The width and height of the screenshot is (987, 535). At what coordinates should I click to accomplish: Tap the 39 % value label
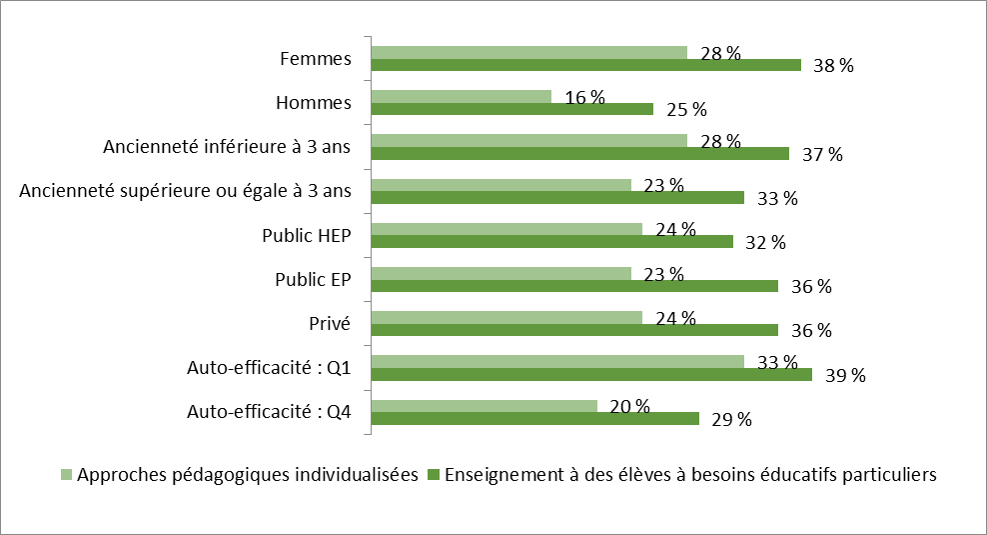[x=844, y=376]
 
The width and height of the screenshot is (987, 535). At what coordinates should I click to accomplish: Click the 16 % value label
[x=585, y=97]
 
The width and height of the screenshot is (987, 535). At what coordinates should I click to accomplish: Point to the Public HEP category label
[x=307, y=235]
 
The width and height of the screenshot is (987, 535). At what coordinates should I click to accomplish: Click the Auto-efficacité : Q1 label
[x=269, y=367]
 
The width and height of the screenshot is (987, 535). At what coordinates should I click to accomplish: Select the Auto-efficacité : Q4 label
[x=269, y=411]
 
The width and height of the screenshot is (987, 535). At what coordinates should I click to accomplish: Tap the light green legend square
[x=67, y=475]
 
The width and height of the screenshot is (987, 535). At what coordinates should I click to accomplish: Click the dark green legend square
[x=434, y=475]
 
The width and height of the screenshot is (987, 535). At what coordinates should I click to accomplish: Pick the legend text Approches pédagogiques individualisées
[x=247, y=475]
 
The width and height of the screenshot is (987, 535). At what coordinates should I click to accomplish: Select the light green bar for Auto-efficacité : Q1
[x=557, y=361]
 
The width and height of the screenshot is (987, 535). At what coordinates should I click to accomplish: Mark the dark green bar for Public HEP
[x=551, y=242]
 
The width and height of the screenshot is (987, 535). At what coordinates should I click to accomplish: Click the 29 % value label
[x=731, y=420]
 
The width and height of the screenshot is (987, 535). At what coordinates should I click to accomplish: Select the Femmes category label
[x=316, y=59]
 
